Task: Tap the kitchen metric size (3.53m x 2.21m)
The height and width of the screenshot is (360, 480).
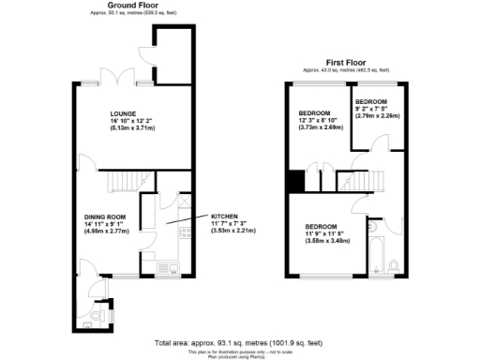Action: (x=235, y=230)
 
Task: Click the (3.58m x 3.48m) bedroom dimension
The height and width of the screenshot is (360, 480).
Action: (x=329, y=243)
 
